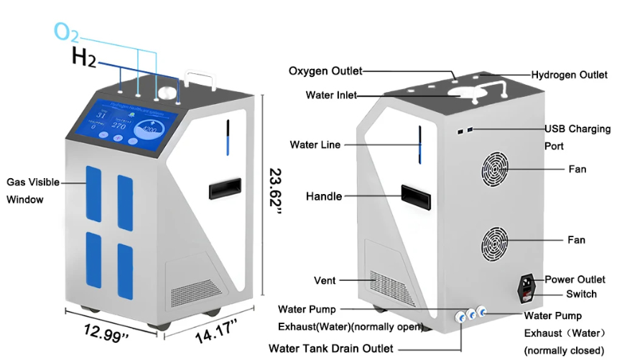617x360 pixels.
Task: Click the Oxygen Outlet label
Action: coord(325,70)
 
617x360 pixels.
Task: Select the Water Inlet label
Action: coord(330,95)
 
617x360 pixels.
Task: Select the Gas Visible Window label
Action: coord(33,190)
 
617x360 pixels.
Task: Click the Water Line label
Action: coord(315,144)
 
